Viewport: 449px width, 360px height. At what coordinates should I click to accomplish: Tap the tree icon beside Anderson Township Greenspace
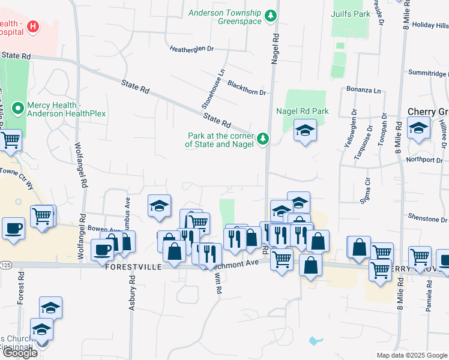point(271,15)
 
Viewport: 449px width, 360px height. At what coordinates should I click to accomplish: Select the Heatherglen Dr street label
point(191,49)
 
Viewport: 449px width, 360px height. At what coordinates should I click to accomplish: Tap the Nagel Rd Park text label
point(303,111)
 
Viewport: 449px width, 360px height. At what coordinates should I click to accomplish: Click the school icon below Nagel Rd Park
point(305,131)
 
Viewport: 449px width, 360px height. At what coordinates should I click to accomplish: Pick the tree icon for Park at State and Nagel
point(262,140)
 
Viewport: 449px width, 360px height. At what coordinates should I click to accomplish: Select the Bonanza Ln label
point(364,91)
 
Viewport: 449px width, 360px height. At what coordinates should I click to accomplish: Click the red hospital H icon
point(32,27)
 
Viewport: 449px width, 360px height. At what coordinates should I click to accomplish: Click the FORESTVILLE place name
point(133,267)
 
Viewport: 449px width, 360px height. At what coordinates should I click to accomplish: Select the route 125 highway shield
point(4,265)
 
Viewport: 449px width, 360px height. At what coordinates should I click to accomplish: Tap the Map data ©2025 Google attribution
point(412,355)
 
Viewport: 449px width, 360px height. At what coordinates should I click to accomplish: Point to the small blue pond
point(315,341)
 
